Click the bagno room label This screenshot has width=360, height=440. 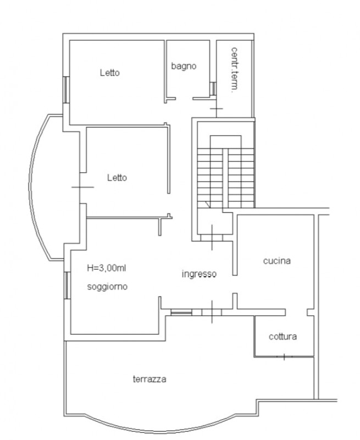click(x=184, y=66)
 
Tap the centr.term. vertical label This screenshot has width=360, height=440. click(x=234, y=70)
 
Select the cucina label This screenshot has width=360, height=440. click(x=276, y=261)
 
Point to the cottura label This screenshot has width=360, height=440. click(x=283, y=337)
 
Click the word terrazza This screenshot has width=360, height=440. click(x=149, y=379)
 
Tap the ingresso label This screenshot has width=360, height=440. click(x=199, y=273)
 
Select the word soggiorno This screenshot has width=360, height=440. click(x=107, y=287)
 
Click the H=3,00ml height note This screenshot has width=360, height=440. click(x=107, y=268)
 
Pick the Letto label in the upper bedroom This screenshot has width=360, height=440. click(x=110, y=73)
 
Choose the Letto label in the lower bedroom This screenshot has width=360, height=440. click(x=117, y=178)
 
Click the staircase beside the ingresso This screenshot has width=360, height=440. click(x=226, y=177)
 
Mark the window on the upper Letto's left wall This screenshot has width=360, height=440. click(x=66, y=90)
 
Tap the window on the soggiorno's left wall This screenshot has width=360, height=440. click(x=67, y=285)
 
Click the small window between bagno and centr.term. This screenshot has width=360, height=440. click(x=213, y=89)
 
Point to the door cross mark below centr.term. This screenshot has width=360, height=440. click(x=217, y=108)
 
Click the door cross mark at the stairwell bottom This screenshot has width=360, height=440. click(x=212, y=238)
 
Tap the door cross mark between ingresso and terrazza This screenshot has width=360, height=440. click(x=212, y=312)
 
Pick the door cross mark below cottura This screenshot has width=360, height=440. click(x=284, y=356)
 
